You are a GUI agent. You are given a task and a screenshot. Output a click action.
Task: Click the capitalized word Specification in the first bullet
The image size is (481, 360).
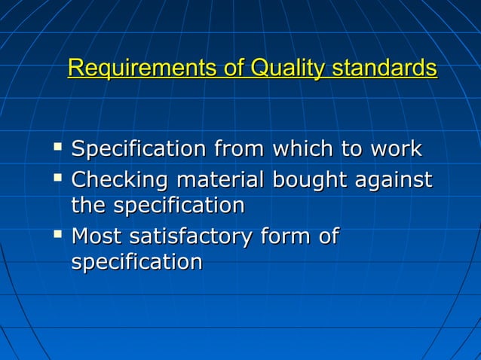pos(139,149)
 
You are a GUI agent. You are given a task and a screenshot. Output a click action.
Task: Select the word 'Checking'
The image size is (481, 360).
pos(120,181)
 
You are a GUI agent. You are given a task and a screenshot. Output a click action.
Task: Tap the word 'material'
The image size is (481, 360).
pos(217,180)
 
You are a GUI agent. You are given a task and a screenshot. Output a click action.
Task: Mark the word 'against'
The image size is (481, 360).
pos(394,181)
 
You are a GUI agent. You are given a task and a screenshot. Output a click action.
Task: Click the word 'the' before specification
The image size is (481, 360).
pos(88,206)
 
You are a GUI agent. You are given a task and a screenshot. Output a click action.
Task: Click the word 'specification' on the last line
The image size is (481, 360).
pos(136,262)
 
